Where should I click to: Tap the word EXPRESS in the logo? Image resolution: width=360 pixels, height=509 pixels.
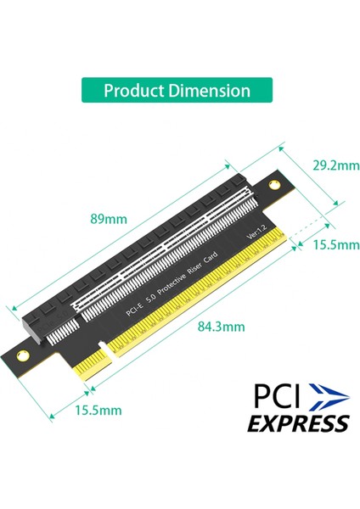(x=297, y=422)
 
